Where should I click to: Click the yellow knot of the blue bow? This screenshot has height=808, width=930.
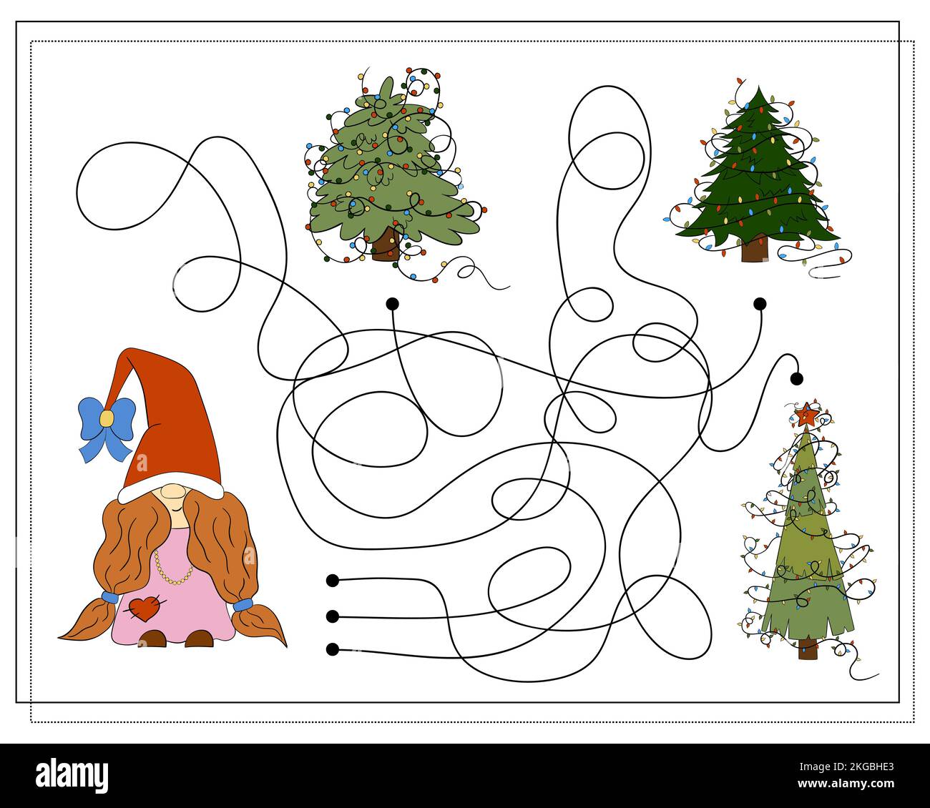click(106, 418)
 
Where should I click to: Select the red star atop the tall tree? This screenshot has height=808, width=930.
click(806, 414)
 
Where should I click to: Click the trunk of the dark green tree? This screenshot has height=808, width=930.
click(754, 248)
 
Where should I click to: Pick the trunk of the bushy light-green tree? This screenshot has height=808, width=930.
click(386, 245)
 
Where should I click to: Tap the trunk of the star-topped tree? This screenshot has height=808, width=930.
click(807, 649)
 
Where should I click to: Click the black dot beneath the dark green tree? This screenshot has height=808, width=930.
click(760, 303)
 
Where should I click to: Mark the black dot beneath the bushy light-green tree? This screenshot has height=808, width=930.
click(392, 303)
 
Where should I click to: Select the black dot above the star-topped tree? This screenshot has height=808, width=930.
click(796, 378)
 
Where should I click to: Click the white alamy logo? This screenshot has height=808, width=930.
click(72, 772)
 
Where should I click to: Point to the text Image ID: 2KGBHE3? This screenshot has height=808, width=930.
click(846, 767)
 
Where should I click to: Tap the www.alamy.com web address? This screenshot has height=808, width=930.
click(846, 784)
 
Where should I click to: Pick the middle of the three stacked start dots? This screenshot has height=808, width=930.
click(333, 616)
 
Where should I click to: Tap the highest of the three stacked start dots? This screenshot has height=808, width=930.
click(333, 581)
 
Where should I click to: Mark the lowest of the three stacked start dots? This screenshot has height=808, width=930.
click(333, 649)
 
